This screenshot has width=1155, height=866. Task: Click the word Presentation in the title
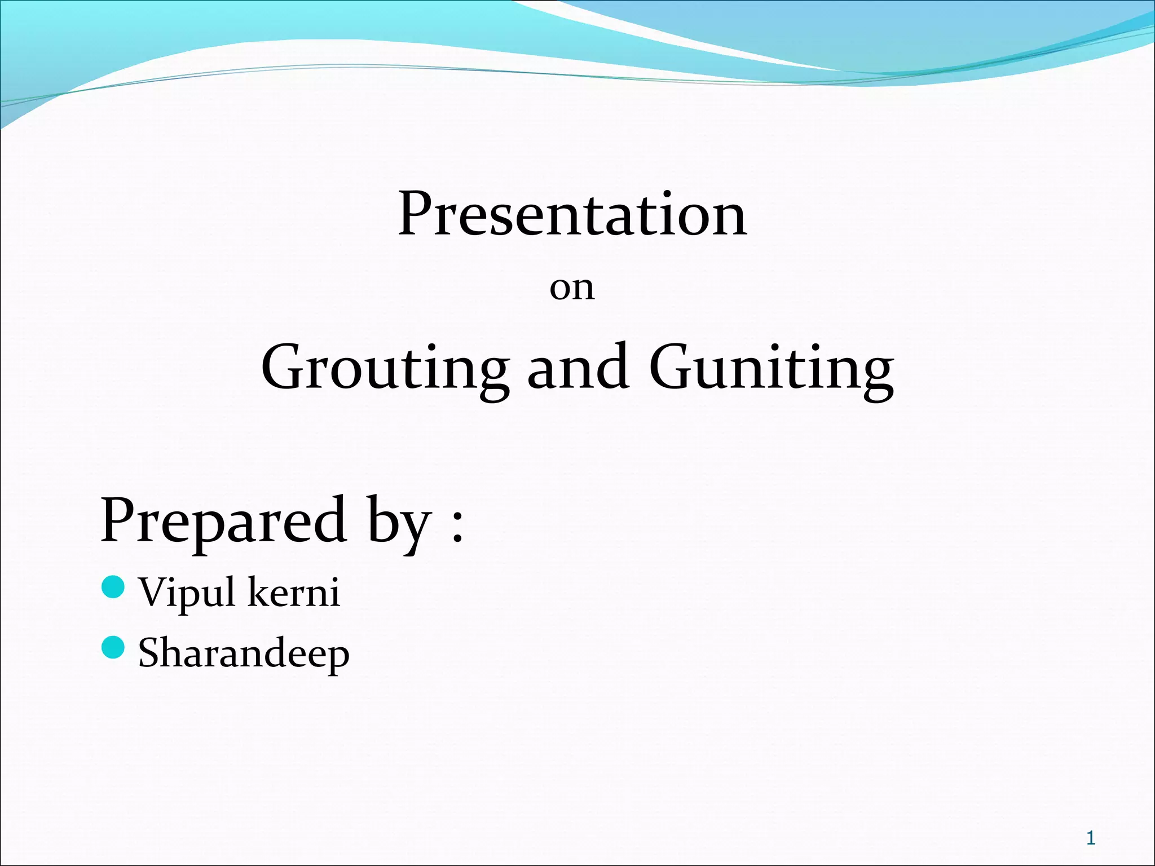click(572, 214)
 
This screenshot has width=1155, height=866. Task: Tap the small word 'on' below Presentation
click(572, 289)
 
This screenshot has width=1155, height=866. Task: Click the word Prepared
click(223, 520)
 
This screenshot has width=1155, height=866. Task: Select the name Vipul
click(187, 593)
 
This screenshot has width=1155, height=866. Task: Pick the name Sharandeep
click(244, 654)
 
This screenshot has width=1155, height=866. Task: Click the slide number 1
click(1091, 838)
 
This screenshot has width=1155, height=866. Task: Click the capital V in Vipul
click(156, 592)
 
